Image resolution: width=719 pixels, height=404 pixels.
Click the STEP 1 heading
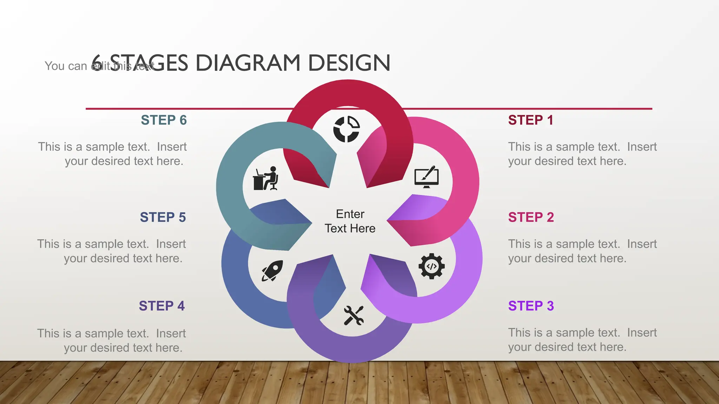pyautogui.click(x=530, y=120)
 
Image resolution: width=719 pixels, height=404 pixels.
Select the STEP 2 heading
pyautogui.click(x=531, y=217)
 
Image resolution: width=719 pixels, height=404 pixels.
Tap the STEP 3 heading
pyautogui.click(x=531, y=306)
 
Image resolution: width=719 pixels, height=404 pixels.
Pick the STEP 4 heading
pyautogui.click(x=161, y=306)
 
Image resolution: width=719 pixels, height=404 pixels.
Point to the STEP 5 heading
pyautogui.click(x=163, y=217)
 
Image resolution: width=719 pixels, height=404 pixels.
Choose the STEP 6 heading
pyautogui.click(x=164, y=120)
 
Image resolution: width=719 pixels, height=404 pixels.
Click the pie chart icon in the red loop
pyautogui.click(x=347, y=129)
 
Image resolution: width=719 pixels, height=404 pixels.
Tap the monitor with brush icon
pyautogui.click(x=427, y=177)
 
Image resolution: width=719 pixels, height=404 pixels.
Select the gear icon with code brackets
pyautogui.click(x=431, y=266)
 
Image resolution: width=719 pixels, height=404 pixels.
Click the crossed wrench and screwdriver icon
pyautogui.click(x=354, y=315)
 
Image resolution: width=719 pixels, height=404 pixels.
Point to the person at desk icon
pyautogui.click(x=265, y=179)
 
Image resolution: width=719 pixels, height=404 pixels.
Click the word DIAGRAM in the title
pyautogui.click(x=248, y=63)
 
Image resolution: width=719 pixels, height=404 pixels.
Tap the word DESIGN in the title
pyautogui.click(x=349, y=63)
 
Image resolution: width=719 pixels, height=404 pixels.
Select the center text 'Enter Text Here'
pyautogui.click(x=350, y=221)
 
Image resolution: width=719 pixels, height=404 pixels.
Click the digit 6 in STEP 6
pyautogui.click(x=183, y=120)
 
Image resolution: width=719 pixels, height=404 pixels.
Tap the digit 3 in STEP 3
pyautogui.click(x=550, y=306)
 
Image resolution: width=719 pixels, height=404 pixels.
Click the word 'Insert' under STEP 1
pyautogui.click(x=642, y=147)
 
